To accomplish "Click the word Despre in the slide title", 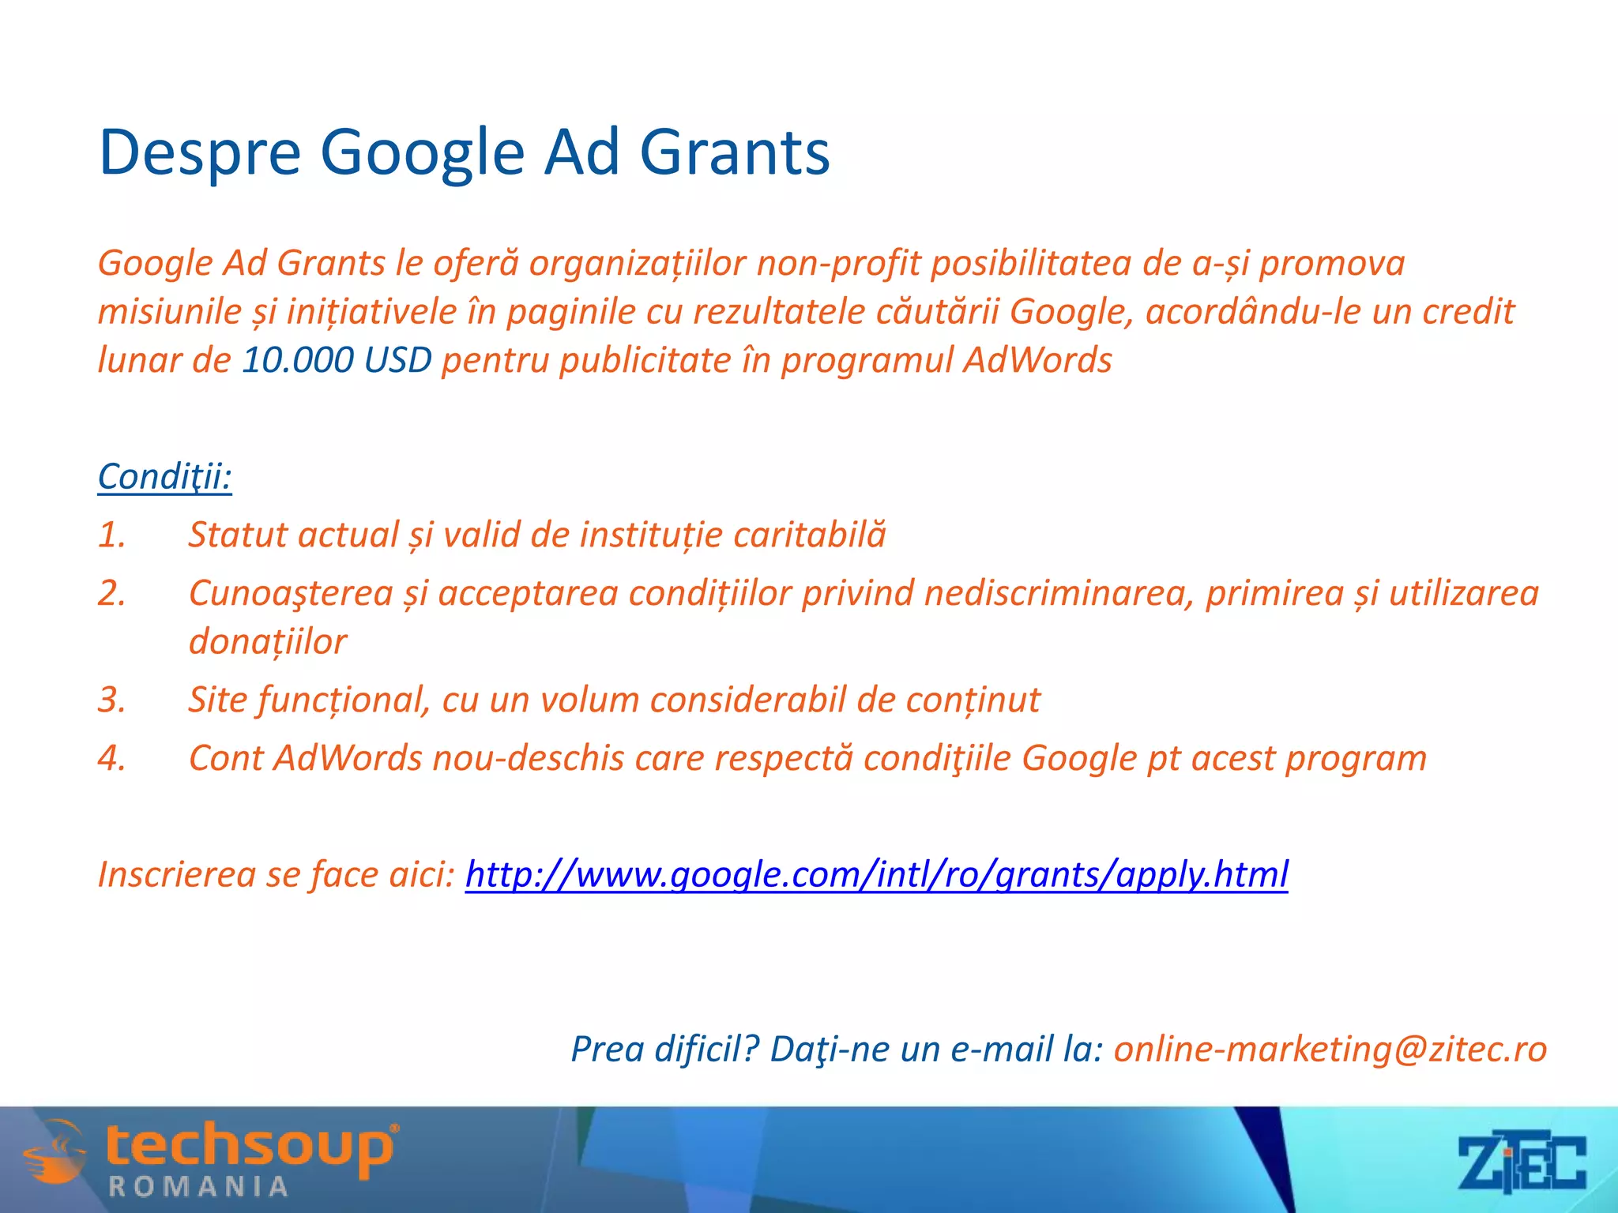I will point(199,152).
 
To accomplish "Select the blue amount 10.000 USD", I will point(337,360).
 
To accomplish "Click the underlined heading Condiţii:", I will point(164,476).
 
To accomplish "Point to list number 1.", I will point(111,535).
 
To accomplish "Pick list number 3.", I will point(111,700).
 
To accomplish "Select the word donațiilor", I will point(267,641).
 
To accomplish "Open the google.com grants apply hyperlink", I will point(876,874).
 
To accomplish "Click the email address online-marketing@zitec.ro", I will point(1330,1049).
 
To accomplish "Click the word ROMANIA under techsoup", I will point(198,1186).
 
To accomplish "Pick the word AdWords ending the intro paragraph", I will point(1037,360).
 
